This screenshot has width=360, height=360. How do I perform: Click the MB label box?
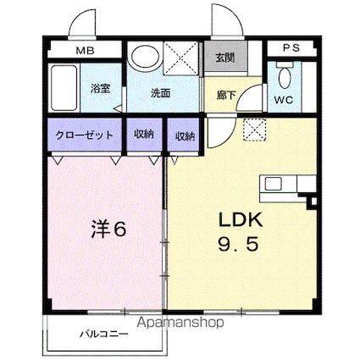coord(85,51)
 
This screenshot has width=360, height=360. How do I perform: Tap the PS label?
coord(291,48)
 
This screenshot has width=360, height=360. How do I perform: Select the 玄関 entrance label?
coord(224,58)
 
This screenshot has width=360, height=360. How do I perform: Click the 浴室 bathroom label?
coord(102,88)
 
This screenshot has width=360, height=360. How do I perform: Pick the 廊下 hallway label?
coord(226,96)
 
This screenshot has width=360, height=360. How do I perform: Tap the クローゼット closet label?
coord(83,136)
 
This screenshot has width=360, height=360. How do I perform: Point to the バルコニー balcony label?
coord(104,333)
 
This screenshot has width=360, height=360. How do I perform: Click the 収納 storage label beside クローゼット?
coord(144,136)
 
